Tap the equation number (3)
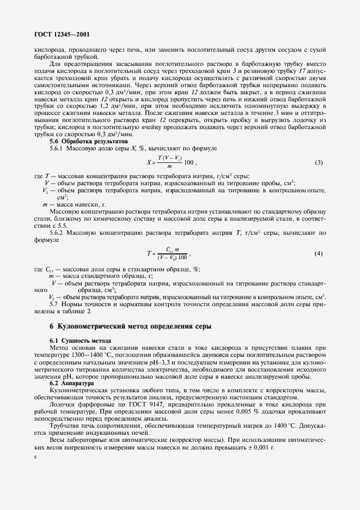coord(319,163)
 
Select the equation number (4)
coord(319,254)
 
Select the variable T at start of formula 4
coord(148,254)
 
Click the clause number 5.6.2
coord(57,233)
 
